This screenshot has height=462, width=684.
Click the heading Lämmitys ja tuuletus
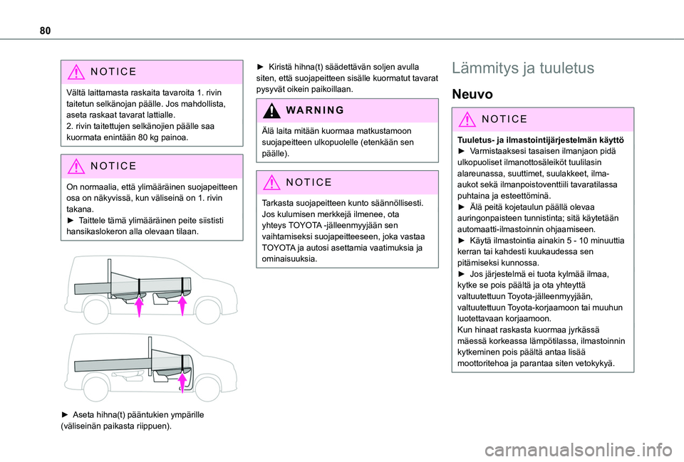[x=523, y=68]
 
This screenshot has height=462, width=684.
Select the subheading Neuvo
[x=473, y=94]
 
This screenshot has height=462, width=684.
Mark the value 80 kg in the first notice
[x=146, y=137]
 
